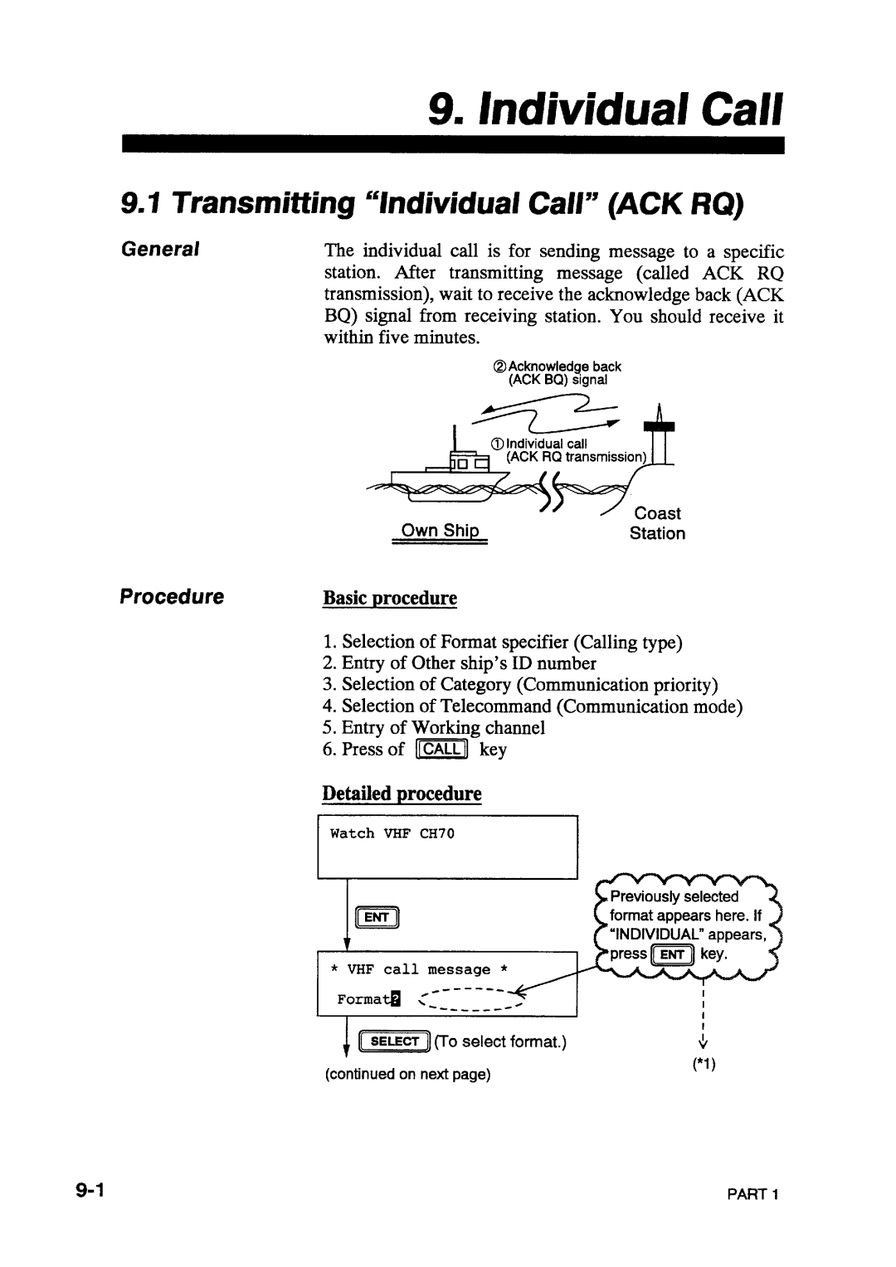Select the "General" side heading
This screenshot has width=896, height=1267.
tap(160, 249)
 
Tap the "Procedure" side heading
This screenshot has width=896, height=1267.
tap(172, 596)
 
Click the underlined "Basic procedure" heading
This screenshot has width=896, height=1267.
tap(390, 598)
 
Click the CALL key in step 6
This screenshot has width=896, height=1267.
tap(441, 749)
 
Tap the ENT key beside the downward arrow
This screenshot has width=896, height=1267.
tap(377, 917)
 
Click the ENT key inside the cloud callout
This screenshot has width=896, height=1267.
tap(673, 954)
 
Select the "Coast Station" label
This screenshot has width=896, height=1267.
tap(657, 523)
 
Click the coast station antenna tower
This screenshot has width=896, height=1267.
tap(660, 434)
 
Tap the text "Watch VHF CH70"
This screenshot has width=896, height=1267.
tap(392, 833)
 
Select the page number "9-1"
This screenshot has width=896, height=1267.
tap(90, 1190)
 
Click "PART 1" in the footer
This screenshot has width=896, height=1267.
tap(752, 1194)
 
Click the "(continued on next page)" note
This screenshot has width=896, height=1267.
tap(407, 1074)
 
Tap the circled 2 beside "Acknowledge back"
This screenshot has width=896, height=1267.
tap(499, 367)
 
